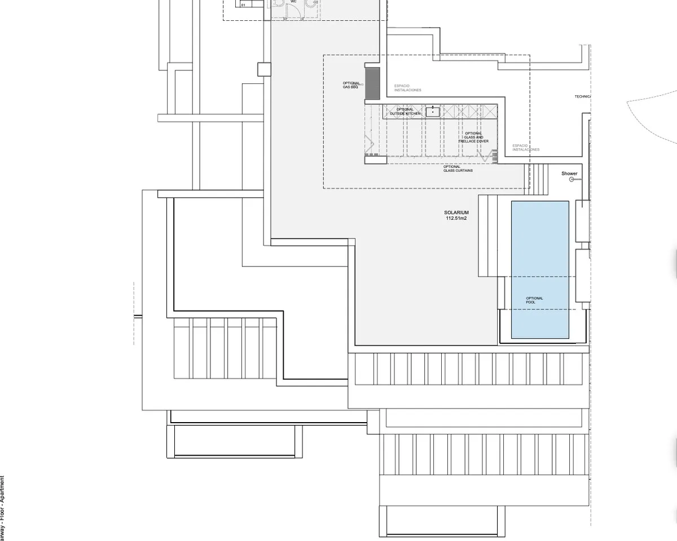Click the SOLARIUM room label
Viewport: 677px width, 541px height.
point(456,212)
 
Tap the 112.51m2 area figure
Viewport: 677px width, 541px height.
point(456,218)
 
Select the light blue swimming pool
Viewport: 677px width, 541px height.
point(540,254)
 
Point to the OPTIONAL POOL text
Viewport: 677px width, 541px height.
point(534,300)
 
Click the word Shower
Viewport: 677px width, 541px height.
point(569,174)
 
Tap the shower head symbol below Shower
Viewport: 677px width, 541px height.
point(572,179)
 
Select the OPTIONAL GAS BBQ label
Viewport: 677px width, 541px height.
point(351,85)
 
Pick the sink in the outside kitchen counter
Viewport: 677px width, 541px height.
point(433,111)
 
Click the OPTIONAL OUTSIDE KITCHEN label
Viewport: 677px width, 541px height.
point(405,112)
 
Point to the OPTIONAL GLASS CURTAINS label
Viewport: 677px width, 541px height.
point(458,168)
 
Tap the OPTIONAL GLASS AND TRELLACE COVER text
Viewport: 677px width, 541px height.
point(473,138)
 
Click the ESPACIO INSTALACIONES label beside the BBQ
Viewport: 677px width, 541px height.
point(407,88)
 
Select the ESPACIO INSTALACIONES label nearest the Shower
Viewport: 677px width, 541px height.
point(525,148)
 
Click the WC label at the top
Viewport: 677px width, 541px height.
point(293,2)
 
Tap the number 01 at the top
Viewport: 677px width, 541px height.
point(243,5)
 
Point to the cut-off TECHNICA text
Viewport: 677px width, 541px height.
point(582,96)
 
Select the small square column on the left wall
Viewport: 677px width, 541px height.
point(264,69)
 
